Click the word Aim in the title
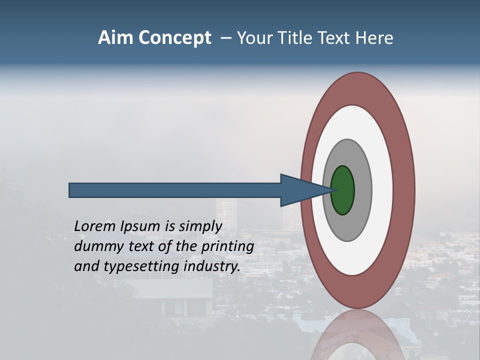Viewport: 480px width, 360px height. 116,38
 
